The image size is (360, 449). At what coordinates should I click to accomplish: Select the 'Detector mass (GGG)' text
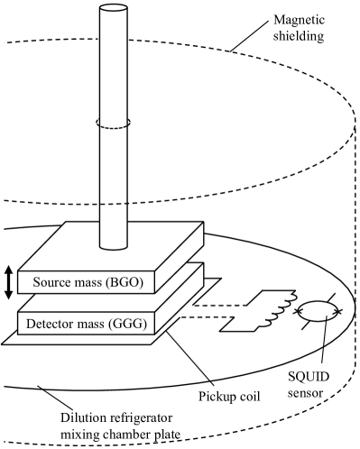83,323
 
